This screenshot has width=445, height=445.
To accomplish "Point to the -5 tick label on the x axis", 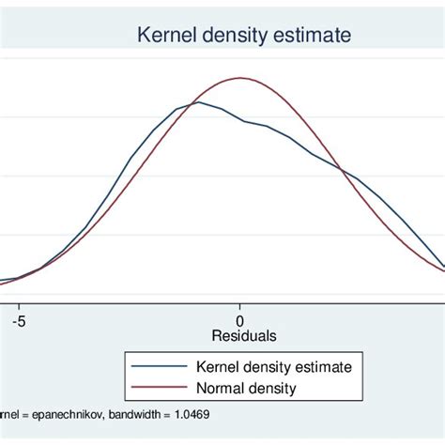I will click(17, 319).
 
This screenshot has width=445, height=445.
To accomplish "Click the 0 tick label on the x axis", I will click(240, 319).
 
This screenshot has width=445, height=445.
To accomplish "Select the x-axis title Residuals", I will click(244, 335).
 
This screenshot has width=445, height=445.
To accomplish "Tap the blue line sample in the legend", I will click(161, 365).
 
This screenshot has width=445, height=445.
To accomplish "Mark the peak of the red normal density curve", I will click(240, 78).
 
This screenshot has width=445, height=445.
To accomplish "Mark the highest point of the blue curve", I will click(199, 102).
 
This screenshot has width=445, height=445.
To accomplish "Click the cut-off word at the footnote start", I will click(8, 414).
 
